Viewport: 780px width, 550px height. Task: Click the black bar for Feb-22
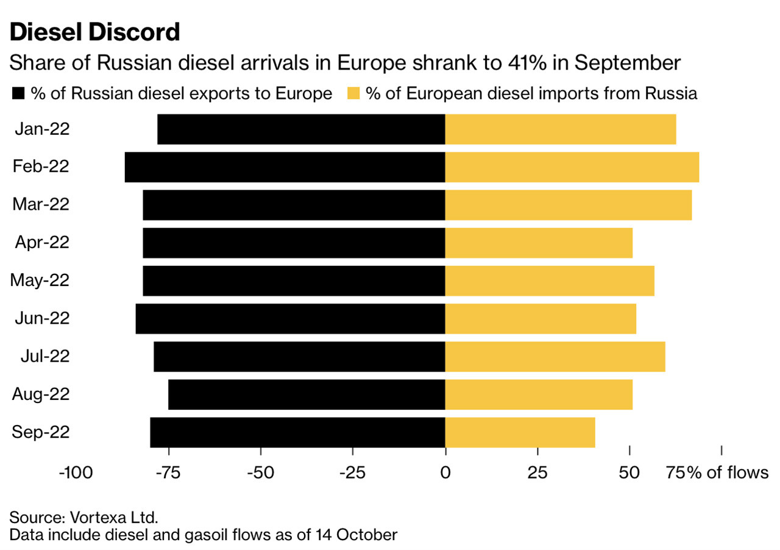pyautogui.click(x=285, y=167)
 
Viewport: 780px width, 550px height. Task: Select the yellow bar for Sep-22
pyautogui.click(x=520, y=432)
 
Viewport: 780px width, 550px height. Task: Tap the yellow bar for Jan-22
pyautogui.click(x=561, y=129)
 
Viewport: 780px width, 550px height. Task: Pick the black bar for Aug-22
pyautogui.click(x=307, y=395)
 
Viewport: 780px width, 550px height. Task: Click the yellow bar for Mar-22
pyautogui.click(x=568, y=205)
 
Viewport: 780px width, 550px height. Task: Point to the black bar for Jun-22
pyautogui.click(x=290, y=318)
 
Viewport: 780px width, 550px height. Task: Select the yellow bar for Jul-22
pyautogui.click(x=555, y=357)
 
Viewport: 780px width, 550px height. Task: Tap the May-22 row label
pyautogui.click(x=40, y=280)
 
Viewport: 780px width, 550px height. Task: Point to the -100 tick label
pyautogui.click(x=76, y=473)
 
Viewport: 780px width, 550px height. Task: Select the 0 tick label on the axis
pyautogui.click(x=445, y=473)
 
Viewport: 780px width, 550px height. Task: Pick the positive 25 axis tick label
pyautogui.click(x=537, y=473)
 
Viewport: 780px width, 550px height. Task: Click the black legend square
pyautogui.click(x=18, y=94)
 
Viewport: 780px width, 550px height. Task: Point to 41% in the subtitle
pyautogui.click(x=532, y=63)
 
